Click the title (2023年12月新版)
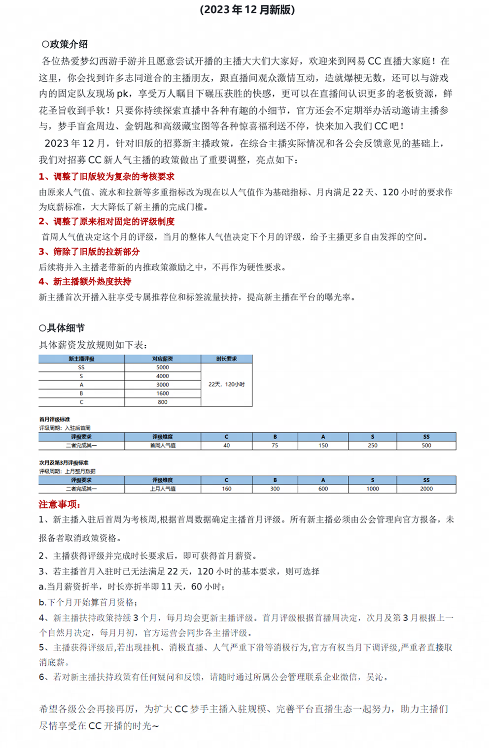click(247, 10)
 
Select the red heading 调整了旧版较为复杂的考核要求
click(106, 176)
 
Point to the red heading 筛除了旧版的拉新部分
click(89, 252)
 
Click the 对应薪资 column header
click(163, 359)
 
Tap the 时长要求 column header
click(226, 359)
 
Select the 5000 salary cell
click(163, 367)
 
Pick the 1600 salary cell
click(163, 393)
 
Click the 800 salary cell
click(163, 402)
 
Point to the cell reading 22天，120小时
click(226, 384)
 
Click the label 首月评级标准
click(55, 420)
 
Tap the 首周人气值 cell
click(163, 446)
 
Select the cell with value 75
click(275, 446)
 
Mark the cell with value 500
click(426, 446)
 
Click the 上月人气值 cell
click(163, 489)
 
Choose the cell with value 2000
click(426, 489)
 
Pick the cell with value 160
click(226, 489)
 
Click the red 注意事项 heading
click(60, 504)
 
